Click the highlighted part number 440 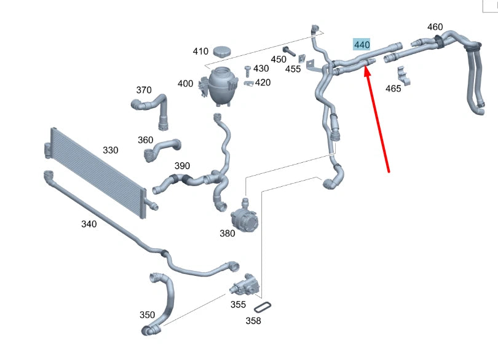[362, 44]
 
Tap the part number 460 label [435, 27]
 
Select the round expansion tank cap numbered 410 [222, 52]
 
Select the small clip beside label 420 [248, 82]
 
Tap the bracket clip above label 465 [404, 75]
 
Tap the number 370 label [143, 90]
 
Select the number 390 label [182, 166]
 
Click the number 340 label [89, 224]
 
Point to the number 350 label [147, 315]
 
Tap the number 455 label [293, 69]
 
